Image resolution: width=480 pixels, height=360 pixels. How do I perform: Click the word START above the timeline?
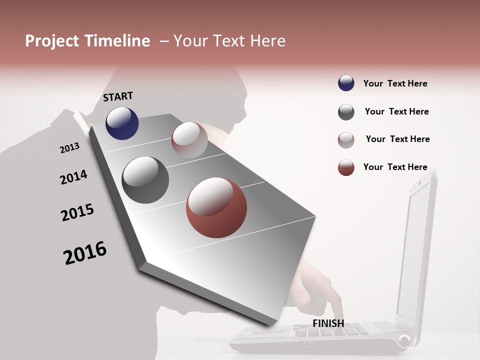coord(118,96)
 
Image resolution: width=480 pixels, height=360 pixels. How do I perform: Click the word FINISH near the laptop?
coord(328,323)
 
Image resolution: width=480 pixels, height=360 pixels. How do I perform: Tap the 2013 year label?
coord(69,148)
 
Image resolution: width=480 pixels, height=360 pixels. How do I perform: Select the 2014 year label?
coord(73,177)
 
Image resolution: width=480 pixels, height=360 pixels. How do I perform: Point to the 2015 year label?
coord(77,212)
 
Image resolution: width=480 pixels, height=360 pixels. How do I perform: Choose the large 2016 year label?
coord(85,252)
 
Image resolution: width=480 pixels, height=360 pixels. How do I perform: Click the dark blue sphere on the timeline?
coord(122,123)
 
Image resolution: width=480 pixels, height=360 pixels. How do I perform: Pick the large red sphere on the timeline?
coord(216,207)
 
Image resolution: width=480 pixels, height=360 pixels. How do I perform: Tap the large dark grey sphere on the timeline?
coord(145,180)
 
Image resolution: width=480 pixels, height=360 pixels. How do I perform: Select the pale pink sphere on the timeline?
coord(189,140)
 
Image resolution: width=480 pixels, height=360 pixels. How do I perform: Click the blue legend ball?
coord(346,83)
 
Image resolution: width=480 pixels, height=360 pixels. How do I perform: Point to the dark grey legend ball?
coord(346,112)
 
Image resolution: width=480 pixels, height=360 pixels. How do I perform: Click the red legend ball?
coord(346,167)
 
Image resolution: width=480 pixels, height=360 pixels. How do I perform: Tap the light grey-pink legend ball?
coord(346,140)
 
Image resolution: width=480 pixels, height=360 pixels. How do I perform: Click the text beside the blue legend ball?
coord(395,83)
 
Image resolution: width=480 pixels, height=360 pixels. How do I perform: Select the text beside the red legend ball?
coord(395,167)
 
